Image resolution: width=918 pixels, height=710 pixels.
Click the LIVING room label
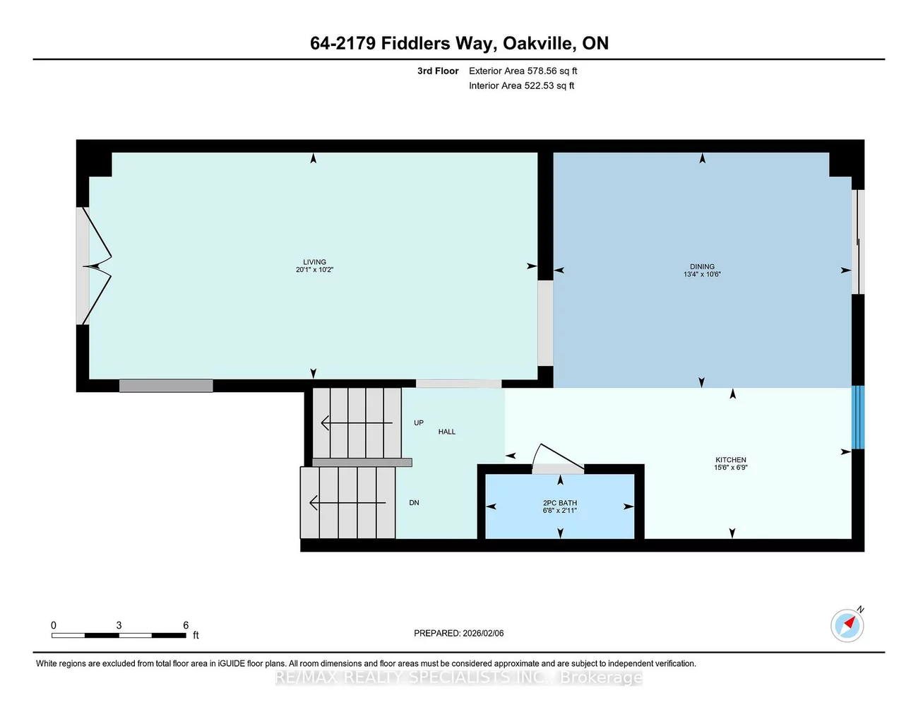tap(314, 262)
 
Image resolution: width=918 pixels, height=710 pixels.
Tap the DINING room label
tap(702, 266)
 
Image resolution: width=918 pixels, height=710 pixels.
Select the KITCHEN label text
tap(731, 460)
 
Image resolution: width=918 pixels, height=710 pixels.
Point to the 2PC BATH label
tap(560, 503)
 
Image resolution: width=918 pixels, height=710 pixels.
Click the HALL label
tap(447, 432)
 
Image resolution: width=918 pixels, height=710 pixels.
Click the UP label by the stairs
tap(419, 422)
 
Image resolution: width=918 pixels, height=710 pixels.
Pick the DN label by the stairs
tap(414, 503)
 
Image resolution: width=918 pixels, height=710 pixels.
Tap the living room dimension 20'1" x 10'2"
tap(314, 270)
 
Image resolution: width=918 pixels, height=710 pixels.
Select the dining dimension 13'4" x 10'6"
tap(702, 274)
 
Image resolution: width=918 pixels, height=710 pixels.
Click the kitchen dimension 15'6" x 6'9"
tap(731, 468)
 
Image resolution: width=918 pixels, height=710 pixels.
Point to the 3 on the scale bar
tap(119, 625)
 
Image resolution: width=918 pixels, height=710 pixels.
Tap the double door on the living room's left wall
tap(95, 266)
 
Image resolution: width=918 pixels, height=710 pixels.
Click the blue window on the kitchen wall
tap(858, 418)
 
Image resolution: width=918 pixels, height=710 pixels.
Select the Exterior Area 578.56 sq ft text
tap(523, 71)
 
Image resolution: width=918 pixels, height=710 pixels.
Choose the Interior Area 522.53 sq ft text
tap(521, 85)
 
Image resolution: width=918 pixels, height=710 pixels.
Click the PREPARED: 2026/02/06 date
tap(458, 633)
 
